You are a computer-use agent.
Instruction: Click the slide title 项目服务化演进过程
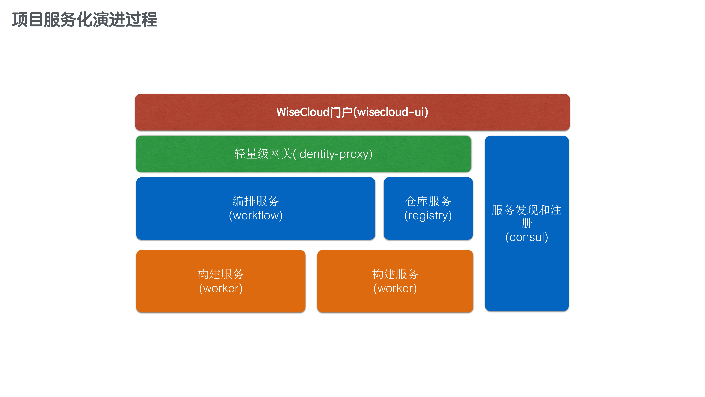84,20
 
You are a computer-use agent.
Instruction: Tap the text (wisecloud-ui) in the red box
391,112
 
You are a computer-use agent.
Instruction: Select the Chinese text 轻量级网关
263,154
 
